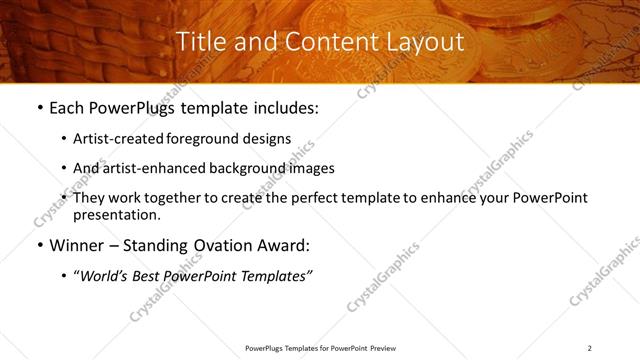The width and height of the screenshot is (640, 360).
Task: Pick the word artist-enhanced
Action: click(x=150, y=168)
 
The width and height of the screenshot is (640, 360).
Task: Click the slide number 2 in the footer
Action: click(x=590, y=348)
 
